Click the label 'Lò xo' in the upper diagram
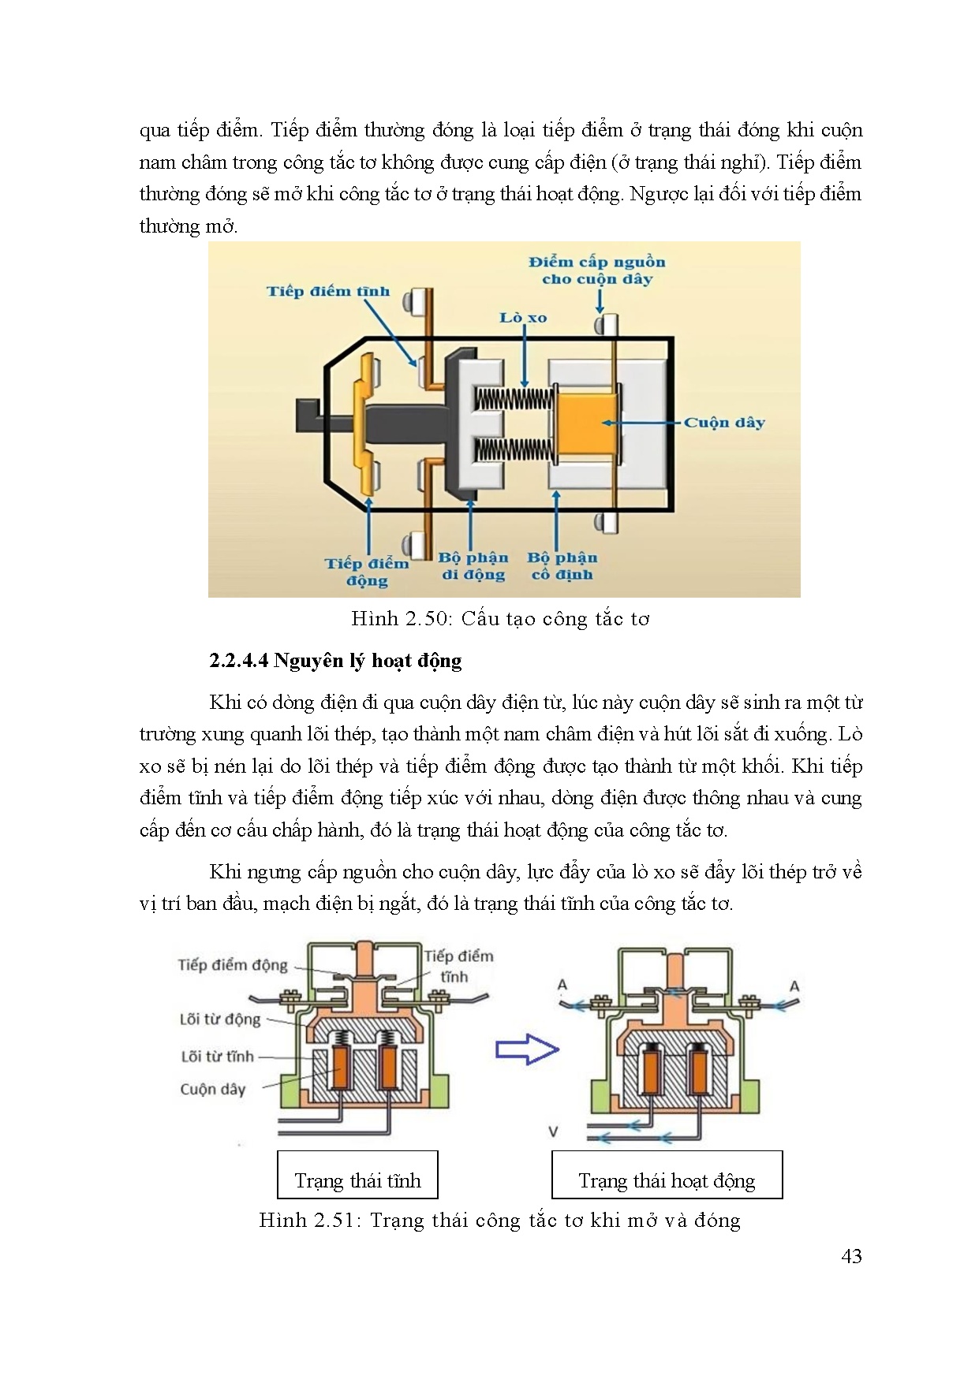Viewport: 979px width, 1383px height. pyautogui.click(x=522, y=318)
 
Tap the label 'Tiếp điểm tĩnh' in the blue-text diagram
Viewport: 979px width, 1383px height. pyautogui.click(x=327, y=291)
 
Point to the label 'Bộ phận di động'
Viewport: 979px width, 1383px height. pyautogui.click(x=473, y=566)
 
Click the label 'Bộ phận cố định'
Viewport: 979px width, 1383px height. pyautogui.click(x=562, y=566)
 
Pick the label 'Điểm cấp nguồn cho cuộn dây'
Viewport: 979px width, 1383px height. pyautogui.click(x=597, y=270)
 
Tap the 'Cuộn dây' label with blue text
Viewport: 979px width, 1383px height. pyautogui.click(x=723, y=423)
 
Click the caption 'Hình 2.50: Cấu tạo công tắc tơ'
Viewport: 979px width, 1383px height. pyautogui.click(x=500, y=619)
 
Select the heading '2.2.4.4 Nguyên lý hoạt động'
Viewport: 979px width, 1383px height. pyautogui.click(x=335, y=661)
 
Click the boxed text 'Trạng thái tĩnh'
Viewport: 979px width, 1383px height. pyautogui.click(x=357, y=1180)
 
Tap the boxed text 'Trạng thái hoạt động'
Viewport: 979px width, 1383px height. pyautogui.click(x=667, y=1180)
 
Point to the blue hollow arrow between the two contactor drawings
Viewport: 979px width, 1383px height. pyautogui.click(x=526, y=1049)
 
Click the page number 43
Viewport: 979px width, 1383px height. pyautogui.click(x=851, y=1256)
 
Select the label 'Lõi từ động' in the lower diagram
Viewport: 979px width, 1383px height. pyautogui.click(x=219, y=1019)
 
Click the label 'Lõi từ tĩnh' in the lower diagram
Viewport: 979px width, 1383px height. pyautogui.click(x=217, y=1056)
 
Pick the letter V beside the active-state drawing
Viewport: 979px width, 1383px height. pyautogui.click(x=553, y=1131)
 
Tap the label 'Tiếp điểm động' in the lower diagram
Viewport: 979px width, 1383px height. pyautogui.click(x=232, y=965)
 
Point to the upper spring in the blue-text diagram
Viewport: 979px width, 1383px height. pyautogui.click(x=512, y=398)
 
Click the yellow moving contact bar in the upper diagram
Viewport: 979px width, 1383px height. pyautogui.click(x=364, y=424)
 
